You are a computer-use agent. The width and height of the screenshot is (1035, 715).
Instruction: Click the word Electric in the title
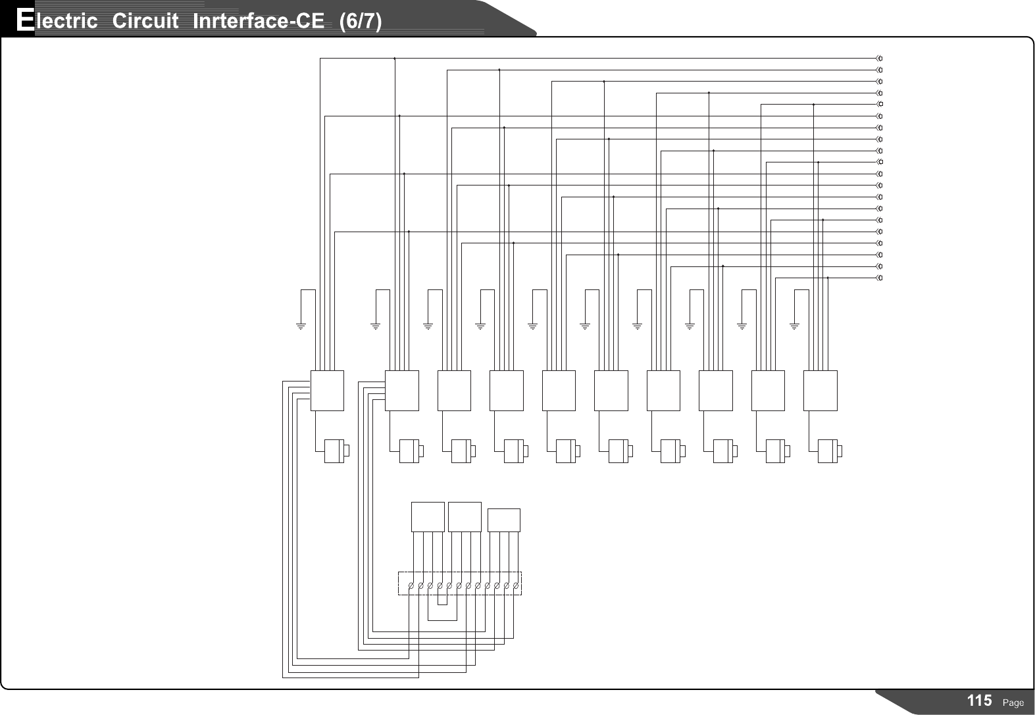coord(57,21)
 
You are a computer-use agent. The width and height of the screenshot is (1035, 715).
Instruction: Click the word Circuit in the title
coord(145,21)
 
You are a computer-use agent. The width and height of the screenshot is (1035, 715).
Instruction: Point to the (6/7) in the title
coord(360,21)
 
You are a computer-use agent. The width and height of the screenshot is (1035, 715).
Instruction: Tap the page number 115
coord(979,701)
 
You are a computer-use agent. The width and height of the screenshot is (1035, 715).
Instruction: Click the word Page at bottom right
coord(1013,703)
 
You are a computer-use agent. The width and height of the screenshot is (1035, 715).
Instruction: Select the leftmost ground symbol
coord(301,325)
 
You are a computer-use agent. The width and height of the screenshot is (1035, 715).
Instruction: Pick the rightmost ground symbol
coord(794,325)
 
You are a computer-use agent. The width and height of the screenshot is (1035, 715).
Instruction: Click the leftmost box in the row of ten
coord(327,390)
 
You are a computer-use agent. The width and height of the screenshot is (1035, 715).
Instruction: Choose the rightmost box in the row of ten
coord(820,390)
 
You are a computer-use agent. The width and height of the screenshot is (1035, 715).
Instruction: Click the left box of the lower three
coord(428,517)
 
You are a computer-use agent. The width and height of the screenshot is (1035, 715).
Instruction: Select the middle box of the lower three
coord(465,517)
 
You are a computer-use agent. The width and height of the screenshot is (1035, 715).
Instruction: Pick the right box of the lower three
coord(503,520)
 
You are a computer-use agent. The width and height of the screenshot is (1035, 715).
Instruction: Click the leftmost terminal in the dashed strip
coord(411,585)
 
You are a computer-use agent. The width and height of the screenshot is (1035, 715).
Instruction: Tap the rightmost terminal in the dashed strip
coord(517,585)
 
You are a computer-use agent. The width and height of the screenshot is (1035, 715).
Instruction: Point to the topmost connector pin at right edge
coord(880,59)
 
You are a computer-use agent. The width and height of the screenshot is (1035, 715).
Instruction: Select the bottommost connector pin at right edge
coord(880,278)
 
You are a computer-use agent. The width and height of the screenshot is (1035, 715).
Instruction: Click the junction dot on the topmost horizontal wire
coord(394,59)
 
